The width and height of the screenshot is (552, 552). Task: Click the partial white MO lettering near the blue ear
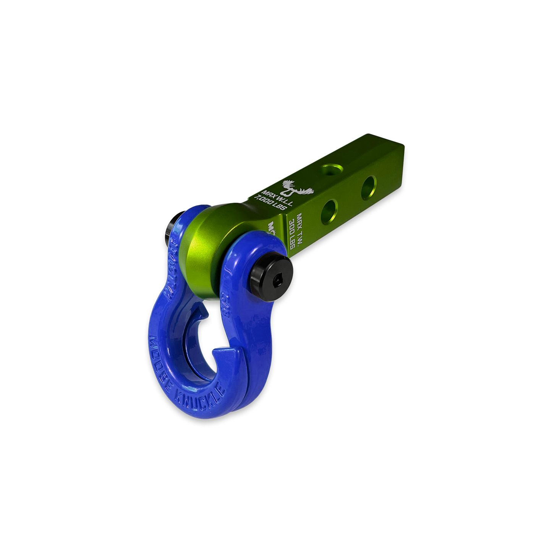[272, 228]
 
